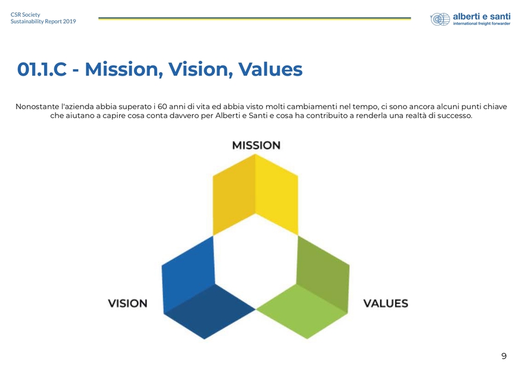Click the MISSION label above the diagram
[x=256, y=145]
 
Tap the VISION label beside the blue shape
[x=127, y=303]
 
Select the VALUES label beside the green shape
[x=386, y=303]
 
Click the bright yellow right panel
[x=277, y=194]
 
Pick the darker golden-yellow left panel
[x=234, y=194]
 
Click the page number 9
[x=504, y=356]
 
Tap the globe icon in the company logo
[x=440, y=19]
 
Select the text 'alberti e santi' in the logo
[x=482, y=16]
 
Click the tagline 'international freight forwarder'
[x=482, y=24]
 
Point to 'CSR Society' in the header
[x=26, y=15]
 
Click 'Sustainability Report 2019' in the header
[x=43, y=21]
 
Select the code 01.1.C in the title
[x=42, y=69]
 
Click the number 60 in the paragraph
[x=162, y=107]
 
